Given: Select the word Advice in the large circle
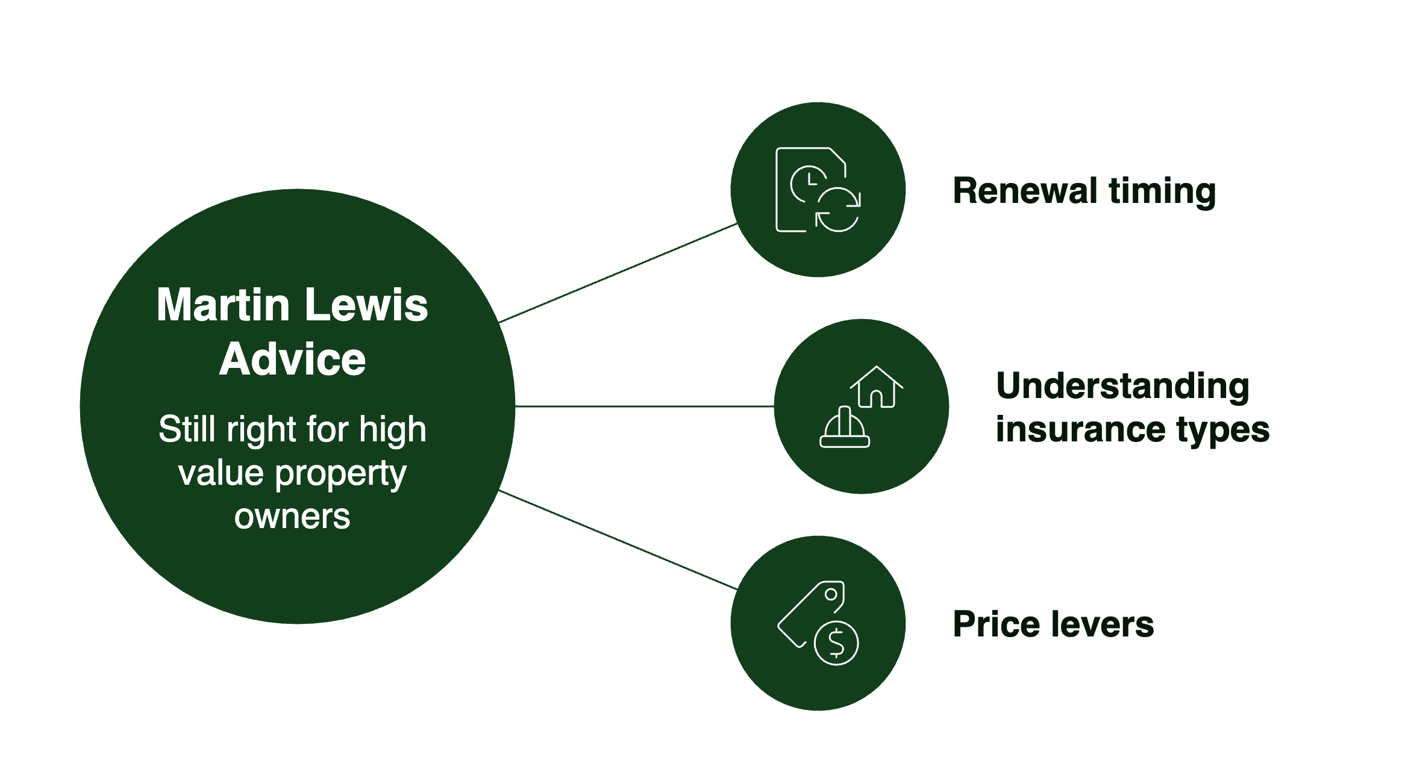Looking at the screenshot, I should pos(292,359).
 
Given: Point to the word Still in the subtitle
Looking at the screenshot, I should pos(187,429).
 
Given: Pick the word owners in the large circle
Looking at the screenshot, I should pos(292,517).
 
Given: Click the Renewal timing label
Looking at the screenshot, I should pos(1084,191).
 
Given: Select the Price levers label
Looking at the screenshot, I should pos(1053,624).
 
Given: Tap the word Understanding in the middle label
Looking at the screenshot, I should pos(1122,386).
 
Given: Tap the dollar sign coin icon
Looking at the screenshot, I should pos(836,643).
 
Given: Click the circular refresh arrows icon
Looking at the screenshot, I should pos(838,210).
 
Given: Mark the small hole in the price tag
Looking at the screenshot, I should pos(831,594).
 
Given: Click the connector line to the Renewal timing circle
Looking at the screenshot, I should pos(618,273).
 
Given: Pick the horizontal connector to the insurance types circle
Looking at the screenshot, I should pos(645,406).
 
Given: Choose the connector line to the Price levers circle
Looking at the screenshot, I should pos(618,540).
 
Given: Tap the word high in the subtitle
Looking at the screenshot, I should pos(393,429).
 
